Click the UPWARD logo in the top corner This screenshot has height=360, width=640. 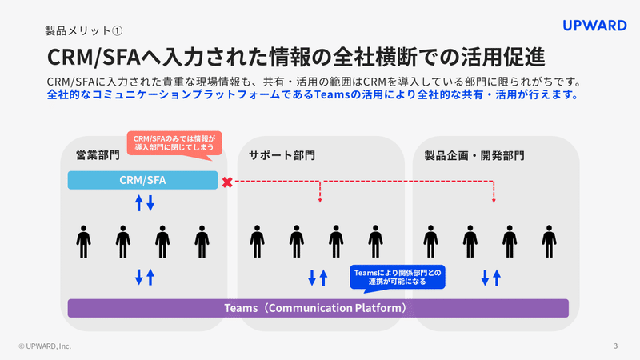(594, 26)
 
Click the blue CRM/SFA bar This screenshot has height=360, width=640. (142, 181)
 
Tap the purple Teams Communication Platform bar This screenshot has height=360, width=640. (318, 308)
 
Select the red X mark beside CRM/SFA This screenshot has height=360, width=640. (227, 182)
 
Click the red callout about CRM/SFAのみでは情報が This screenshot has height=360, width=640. (173, 142)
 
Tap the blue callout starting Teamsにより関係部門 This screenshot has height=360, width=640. (397, 277)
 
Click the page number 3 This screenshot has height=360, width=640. (615, 346)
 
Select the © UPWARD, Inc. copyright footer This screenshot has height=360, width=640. (45, 346)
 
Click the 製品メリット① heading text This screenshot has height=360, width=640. (83, 31)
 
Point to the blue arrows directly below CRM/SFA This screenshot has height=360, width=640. (144, 203)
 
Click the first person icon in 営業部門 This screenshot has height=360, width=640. (83, 239)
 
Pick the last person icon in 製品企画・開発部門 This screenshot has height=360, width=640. (549, 239)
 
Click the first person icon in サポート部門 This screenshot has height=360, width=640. (256, 239)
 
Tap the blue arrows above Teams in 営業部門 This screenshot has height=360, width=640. (144, 278)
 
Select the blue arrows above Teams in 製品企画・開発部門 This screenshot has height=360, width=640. (490, 278)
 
